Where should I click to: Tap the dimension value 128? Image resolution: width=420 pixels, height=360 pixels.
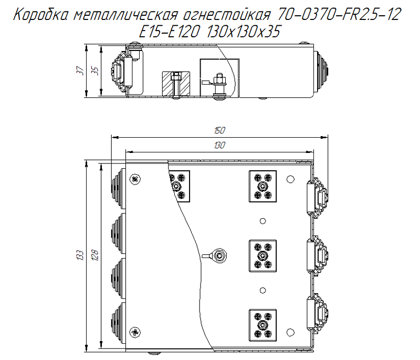point(95,255)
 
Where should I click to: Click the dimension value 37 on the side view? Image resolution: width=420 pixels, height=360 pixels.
point(80,71)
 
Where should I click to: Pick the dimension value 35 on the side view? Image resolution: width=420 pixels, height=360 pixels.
point(95,71)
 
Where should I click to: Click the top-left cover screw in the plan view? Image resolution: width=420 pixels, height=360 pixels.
point(136,179)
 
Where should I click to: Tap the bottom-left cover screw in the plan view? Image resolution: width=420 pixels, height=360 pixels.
point(136,331)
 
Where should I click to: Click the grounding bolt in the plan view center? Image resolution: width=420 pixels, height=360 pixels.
point(218,256)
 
